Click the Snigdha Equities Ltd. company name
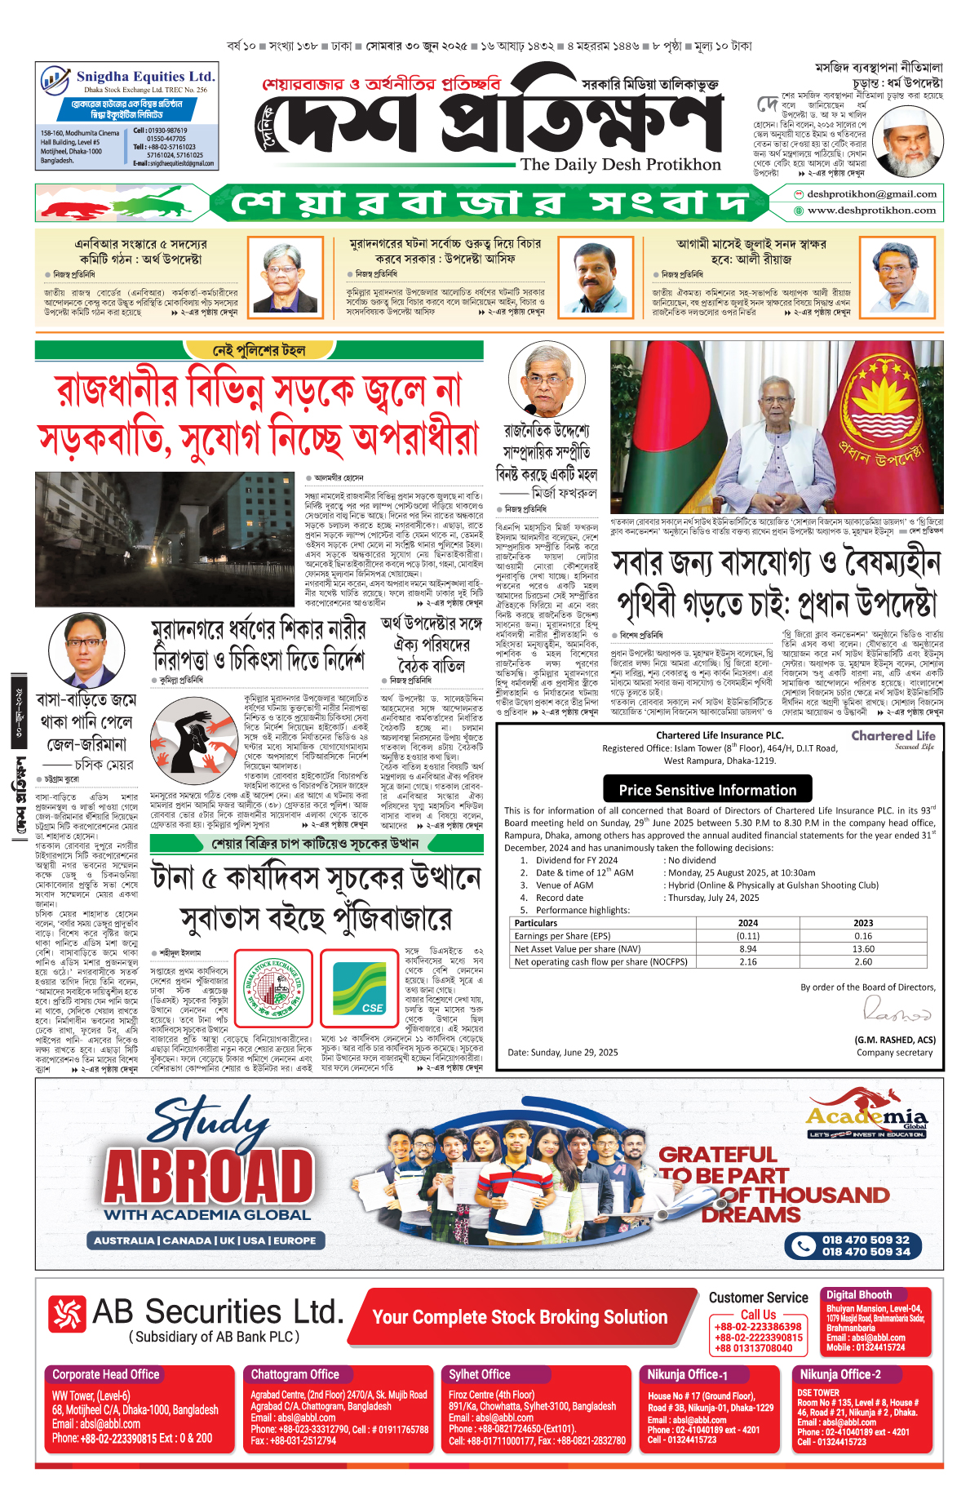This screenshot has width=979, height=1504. pyautogui.click(x=145, y=76)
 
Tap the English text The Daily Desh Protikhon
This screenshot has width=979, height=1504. pyautogui.click(x=620, y=164)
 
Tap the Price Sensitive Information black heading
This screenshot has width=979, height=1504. pyautogui.click(x=707, y=790)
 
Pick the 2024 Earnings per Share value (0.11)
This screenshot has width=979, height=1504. pyautogui.click(x=747, y=936)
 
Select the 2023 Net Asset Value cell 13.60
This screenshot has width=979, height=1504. pyautogui.click(x=863, y=949)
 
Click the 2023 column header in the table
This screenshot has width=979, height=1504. pyautogui.click(x=863, y=923)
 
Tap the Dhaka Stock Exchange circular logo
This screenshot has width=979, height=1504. pyautogui.click(x=274, y=988)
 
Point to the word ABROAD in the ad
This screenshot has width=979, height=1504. pyautogui.click(x=209, y=1177)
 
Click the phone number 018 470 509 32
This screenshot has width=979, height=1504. pyautogui.click(x=866, y=1240)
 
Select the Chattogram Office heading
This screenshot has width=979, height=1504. pyautogui.click(x=295, y=1374)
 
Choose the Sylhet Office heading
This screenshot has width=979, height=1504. pyautogui.click(x=479, y=1374)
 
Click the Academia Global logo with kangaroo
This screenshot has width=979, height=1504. pyautogui.click(x=866, y=1111)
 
